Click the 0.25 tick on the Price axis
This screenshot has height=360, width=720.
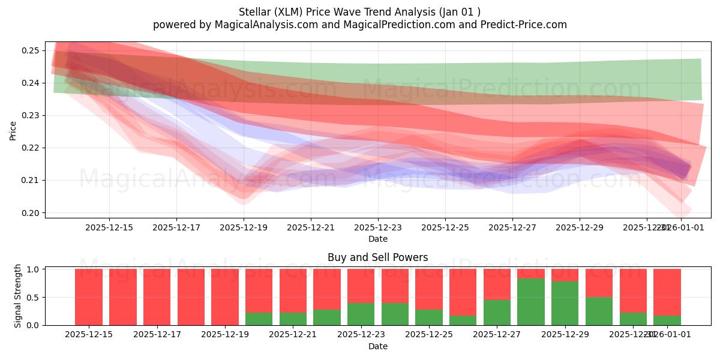30,50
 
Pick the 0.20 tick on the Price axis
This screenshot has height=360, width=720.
30,213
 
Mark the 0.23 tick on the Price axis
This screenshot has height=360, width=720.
30,115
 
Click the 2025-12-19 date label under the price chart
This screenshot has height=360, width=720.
244,227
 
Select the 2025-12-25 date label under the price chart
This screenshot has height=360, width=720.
445,227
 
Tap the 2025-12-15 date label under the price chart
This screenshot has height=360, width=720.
109,227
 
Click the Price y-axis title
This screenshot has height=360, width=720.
13,130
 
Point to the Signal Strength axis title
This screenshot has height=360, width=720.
18,296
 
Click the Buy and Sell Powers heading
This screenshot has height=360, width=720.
377,257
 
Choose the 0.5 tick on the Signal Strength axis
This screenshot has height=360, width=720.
34,298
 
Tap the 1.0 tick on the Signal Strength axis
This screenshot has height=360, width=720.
34,269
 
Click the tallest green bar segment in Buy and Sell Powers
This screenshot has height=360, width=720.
531,302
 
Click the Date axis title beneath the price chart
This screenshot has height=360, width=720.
377,239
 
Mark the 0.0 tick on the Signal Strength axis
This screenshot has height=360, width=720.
34,325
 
